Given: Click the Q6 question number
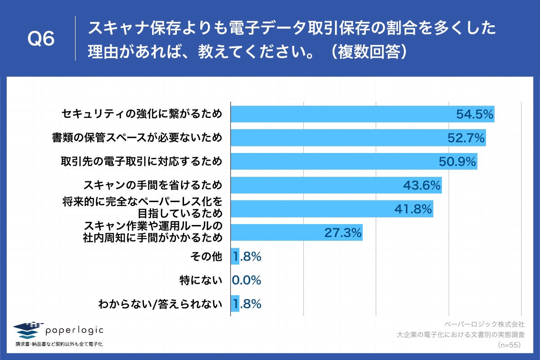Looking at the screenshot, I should point(41,39).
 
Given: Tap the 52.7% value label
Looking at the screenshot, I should point(466,138).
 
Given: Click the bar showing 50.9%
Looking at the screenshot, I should point(333,162).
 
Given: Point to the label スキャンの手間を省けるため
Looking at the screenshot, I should point(153,185).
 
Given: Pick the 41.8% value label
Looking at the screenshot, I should point(414,209).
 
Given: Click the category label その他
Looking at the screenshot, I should point(207,256).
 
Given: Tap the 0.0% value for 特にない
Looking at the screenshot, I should point(247,280).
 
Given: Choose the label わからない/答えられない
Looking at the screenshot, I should point(160,304).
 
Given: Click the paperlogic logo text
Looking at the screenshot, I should point(74,330).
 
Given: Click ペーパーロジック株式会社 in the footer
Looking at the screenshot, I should point(484,324).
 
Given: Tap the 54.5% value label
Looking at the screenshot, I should point(475,114).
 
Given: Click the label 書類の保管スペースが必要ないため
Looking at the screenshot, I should point(137,138).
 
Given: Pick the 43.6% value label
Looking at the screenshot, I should point(422,185).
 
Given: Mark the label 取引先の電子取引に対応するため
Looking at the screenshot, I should point(141,161).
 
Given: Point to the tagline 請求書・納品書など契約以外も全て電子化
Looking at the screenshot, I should point(59,344).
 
